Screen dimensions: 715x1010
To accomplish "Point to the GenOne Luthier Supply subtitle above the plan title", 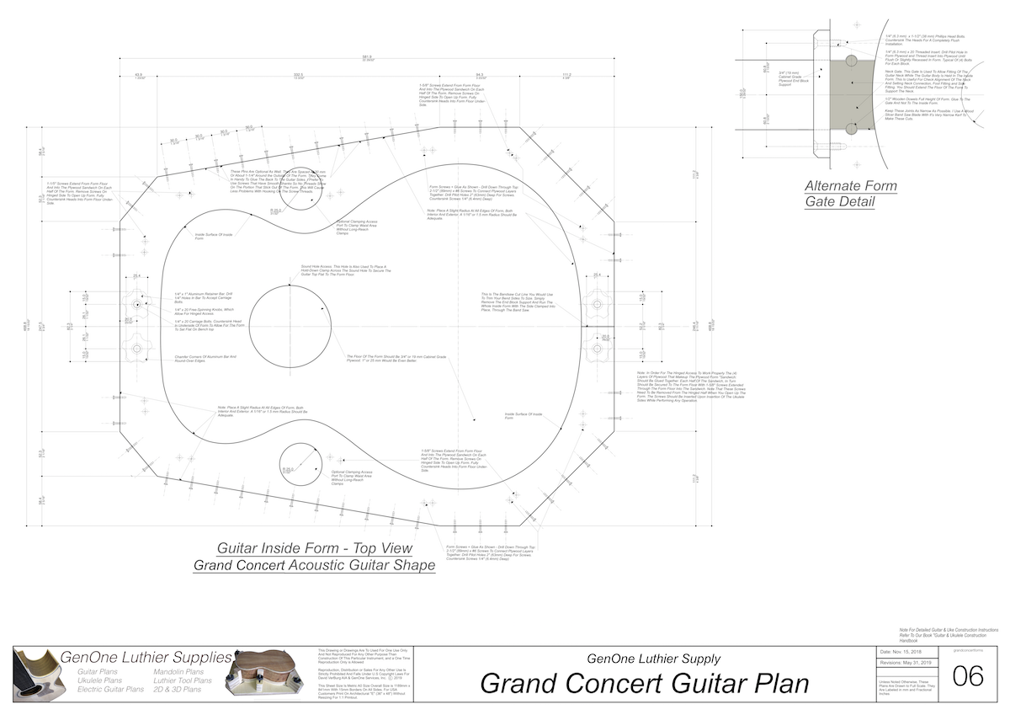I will coord(652,659).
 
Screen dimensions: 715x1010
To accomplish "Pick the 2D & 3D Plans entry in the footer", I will coord(178,689).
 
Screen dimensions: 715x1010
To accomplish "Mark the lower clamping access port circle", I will coord(299,465).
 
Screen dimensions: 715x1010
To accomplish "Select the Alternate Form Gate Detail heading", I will coord(850,194).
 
